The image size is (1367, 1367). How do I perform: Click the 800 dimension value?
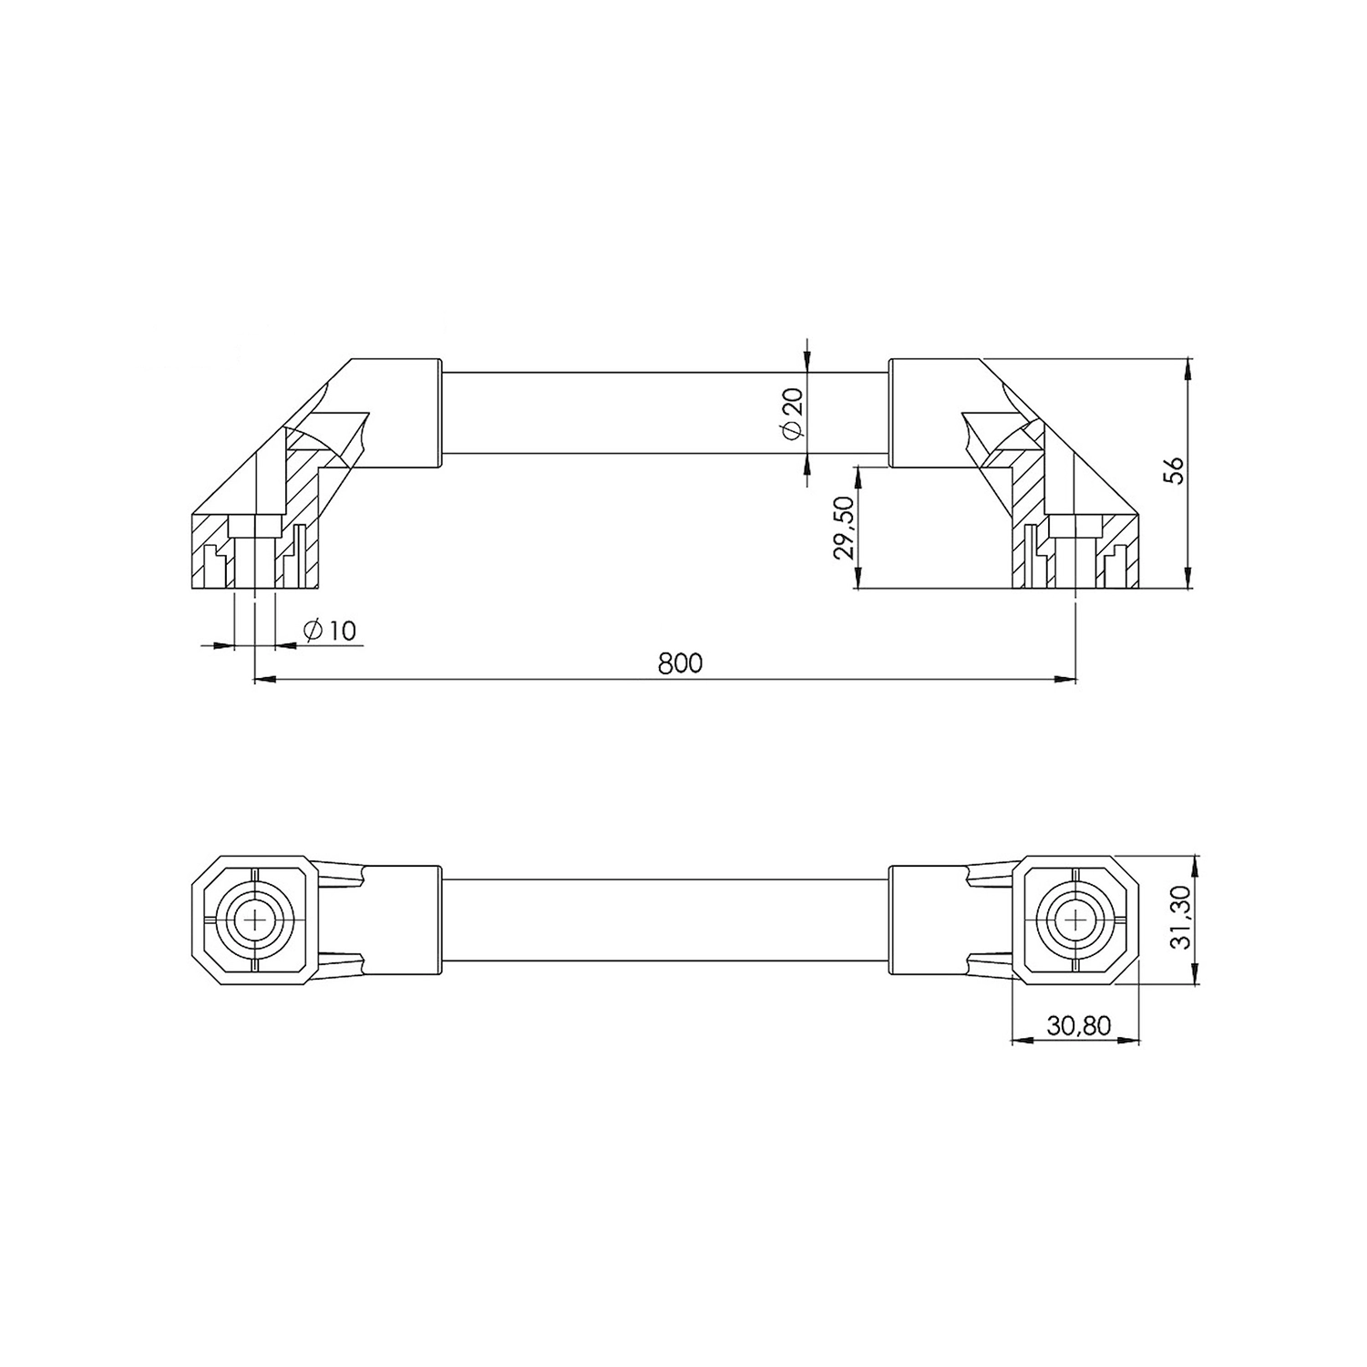[681, 663]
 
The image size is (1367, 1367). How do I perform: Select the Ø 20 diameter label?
[792, 413]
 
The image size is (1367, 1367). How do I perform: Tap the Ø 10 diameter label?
[329, 630]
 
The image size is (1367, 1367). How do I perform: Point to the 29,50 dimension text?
[843, 528]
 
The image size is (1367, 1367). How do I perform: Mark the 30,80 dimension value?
[1079, 1025]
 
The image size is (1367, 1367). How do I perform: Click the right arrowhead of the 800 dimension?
[1065, 678]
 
